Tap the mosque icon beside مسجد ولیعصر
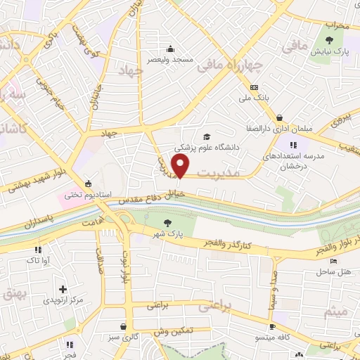tap(170, 49)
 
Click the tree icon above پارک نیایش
tap(330, 39)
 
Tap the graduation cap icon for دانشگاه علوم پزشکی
tap(207, 136)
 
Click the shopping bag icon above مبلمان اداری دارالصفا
tap(280, 117)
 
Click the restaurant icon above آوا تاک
tap(37, 250)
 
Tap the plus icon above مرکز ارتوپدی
tap(63, 289)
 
